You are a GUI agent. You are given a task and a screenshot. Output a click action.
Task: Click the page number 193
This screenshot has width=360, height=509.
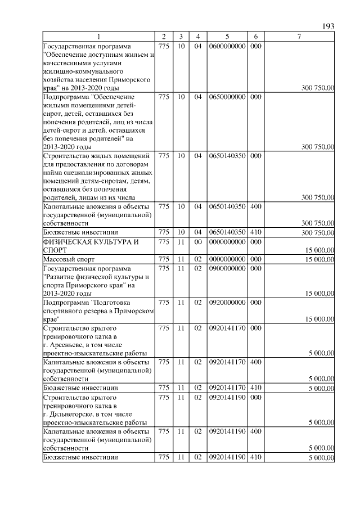[328, 26]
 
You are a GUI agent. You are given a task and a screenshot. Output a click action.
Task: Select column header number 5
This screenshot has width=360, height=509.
[227, 37]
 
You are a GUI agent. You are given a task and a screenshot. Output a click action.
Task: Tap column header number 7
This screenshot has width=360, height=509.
[299, 37]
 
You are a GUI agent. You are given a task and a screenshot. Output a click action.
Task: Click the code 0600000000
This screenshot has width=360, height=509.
[227, 46]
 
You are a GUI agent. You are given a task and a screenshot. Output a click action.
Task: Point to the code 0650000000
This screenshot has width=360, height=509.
[227, 97]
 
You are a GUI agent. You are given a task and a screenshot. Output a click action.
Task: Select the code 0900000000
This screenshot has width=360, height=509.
[227, 269]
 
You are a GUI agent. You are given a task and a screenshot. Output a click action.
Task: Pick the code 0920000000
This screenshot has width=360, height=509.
[227, 303]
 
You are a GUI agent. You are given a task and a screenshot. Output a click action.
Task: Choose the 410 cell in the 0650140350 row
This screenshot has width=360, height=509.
[255, 233]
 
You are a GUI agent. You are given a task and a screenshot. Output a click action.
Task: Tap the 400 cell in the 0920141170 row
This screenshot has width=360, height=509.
[255, 362]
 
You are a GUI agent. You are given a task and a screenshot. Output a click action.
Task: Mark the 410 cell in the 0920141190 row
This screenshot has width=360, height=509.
[255, 457]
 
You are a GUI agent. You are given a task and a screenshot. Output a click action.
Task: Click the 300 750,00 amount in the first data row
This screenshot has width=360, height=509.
[318, 88]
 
